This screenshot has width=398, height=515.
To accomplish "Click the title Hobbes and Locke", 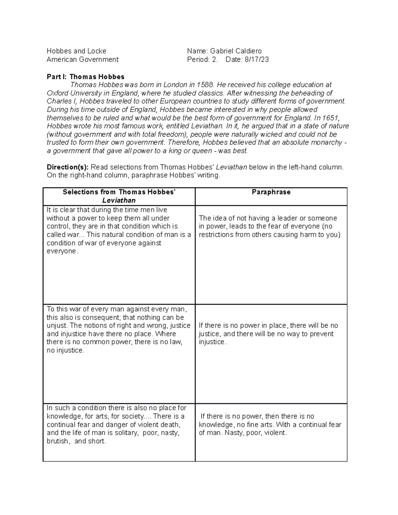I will point(76,51).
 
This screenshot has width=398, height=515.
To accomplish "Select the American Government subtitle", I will point(82,60).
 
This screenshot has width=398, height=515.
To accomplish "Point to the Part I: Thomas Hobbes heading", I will point(85,77).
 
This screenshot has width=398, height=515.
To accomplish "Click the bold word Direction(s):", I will point(68,167).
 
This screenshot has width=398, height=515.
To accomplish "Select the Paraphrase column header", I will point(271,192).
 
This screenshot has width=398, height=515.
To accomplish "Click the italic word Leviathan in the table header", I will point(119,200).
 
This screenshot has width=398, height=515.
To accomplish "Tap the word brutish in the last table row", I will point(58,441).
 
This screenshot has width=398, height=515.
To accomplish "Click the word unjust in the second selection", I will point(55,326).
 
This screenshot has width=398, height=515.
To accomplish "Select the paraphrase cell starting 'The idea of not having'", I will point(269,226).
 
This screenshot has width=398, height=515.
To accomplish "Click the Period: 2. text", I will point(203,60).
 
